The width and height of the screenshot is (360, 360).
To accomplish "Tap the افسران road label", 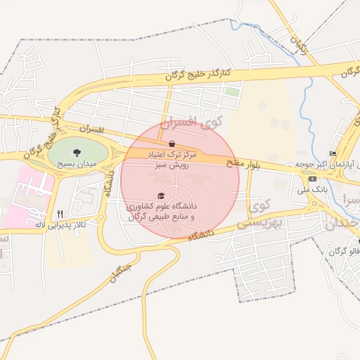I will [x=91, y=131].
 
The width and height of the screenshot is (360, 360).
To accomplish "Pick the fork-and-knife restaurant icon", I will [x=60, y=214].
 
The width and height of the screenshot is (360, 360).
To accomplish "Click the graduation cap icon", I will [x=161, y=196].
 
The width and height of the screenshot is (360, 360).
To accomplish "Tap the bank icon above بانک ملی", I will [x=312, y=179].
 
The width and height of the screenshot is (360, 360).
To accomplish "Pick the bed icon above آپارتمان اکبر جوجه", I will [x=333, y=154].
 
